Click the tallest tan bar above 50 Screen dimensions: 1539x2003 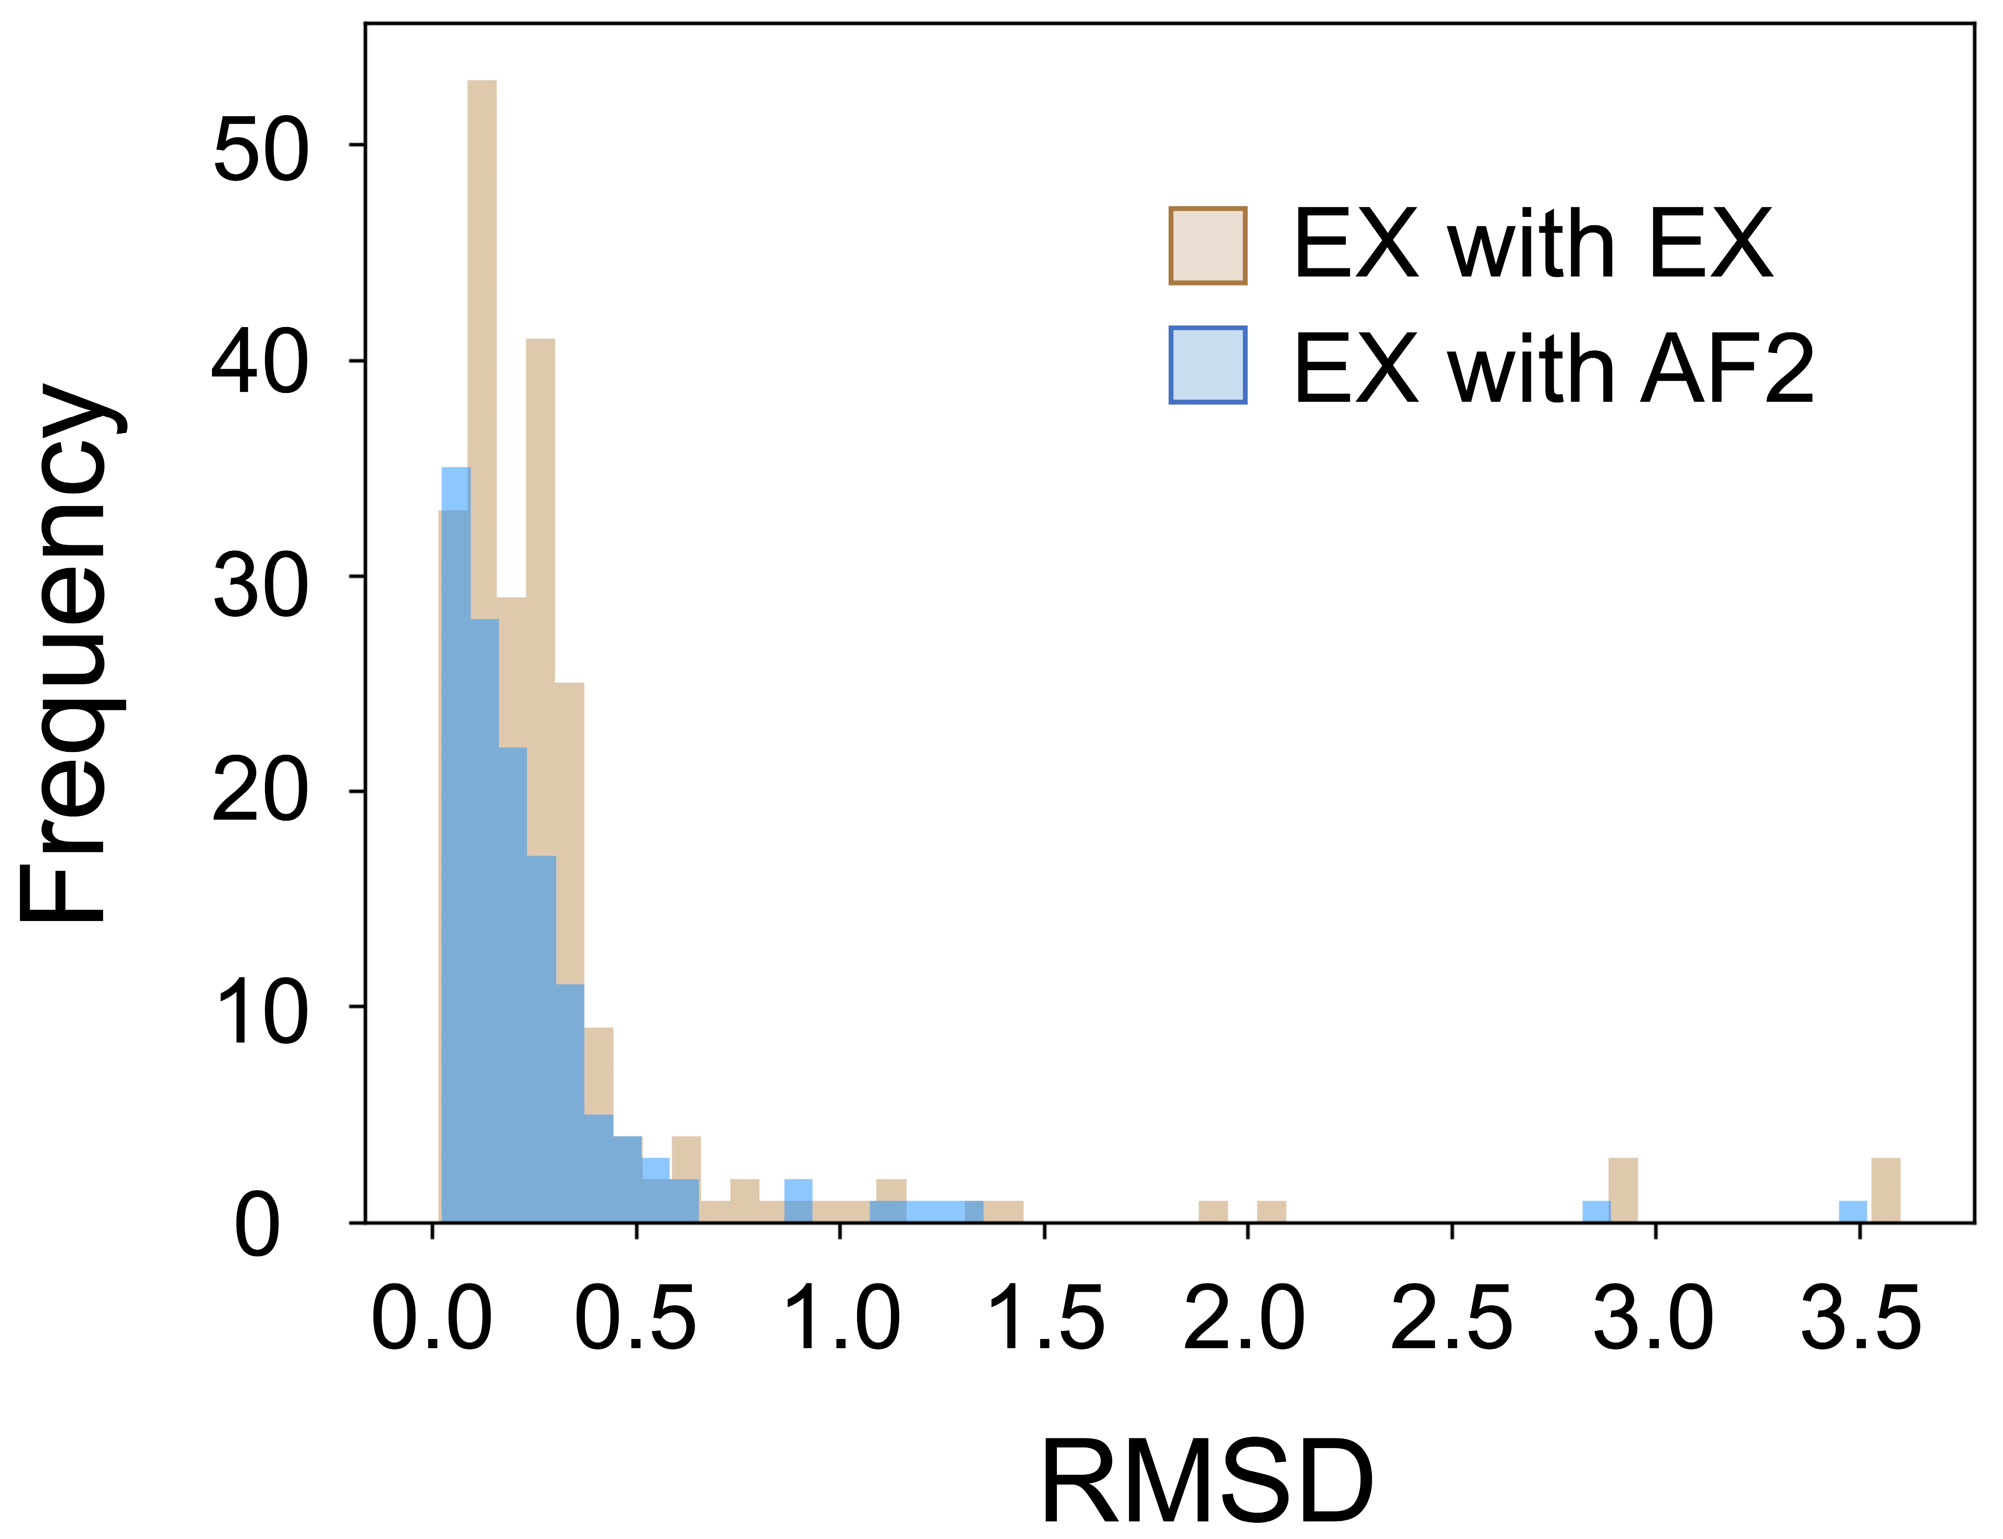click(482, 275)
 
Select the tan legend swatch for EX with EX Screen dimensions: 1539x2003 click(1208, 246)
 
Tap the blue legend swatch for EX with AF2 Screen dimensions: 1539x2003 click(1208, 365)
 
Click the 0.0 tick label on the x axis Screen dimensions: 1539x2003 click(431, 1319)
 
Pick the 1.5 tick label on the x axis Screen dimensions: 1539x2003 click(1045, 1319)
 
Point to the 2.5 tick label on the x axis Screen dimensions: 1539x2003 click(1452, 1319)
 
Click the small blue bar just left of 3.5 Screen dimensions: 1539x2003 click(1853, 1211)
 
